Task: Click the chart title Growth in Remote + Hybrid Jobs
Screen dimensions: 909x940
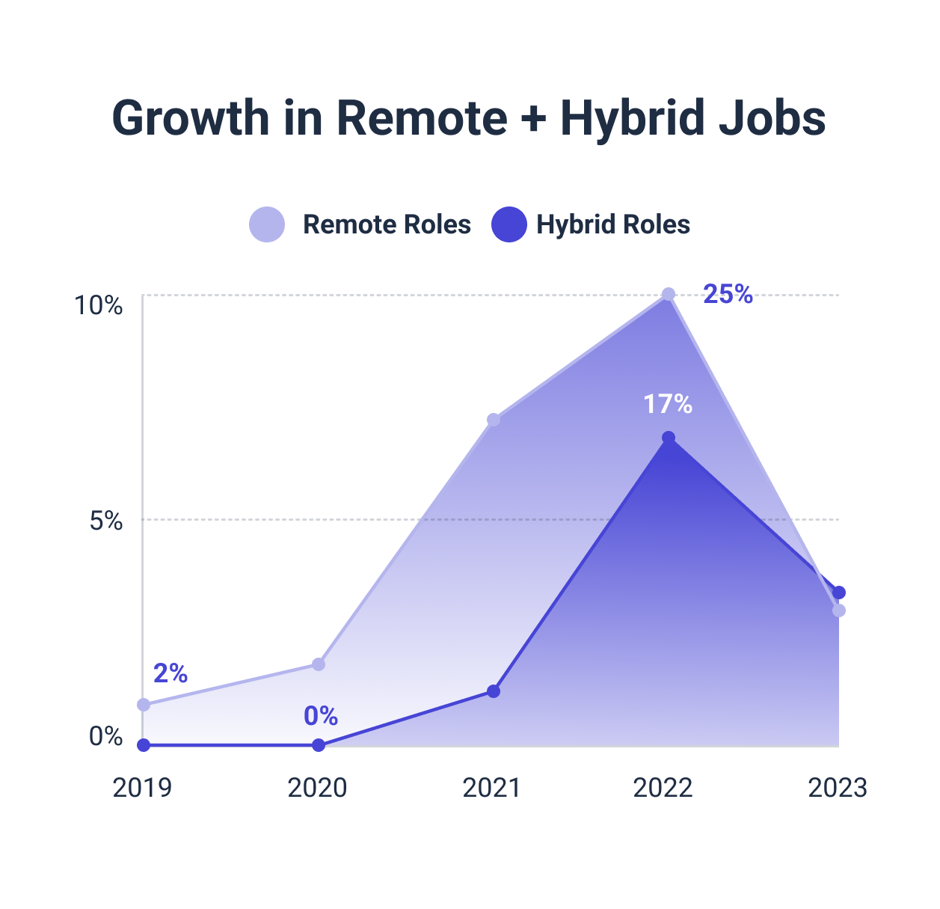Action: coord(469,117)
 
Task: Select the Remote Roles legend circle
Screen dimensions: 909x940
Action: coord(267,224)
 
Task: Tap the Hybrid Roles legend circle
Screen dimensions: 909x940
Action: coord(509,224)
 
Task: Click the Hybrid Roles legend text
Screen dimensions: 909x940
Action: coord(612,224)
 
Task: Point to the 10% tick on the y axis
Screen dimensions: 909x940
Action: coord(98,305)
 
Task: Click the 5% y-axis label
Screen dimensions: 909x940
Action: coord(106,521)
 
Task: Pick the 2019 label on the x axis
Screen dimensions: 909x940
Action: coord(142,788)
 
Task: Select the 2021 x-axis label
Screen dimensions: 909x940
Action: coord(492,788)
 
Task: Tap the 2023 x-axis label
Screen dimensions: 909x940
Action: coord(838,788)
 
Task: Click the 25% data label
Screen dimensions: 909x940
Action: coord(728,295)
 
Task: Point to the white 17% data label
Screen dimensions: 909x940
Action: coord(668,405)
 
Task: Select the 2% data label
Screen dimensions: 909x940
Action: coord(171,674)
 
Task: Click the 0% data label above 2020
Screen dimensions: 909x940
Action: coord(321,717)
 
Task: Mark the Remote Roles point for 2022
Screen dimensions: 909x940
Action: coord(669,295)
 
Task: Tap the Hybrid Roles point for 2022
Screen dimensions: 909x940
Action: coord(669,438)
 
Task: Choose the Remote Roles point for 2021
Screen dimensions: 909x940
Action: coord(494,420)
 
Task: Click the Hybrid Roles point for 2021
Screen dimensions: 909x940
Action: coord(494,691)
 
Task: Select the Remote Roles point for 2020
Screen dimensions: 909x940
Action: coord(319,664)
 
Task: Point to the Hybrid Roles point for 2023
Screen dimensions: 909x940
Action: coord(839,593)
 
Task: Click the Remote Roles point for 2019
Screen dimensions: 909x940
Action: coord(144,705)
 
